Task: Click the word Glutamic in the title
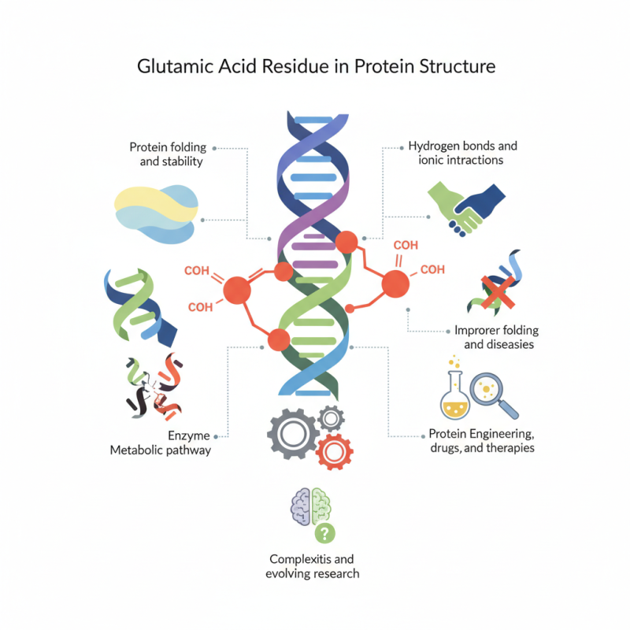[x=176, y=66]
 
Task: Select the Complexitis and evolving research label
[x=313, y=566]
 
